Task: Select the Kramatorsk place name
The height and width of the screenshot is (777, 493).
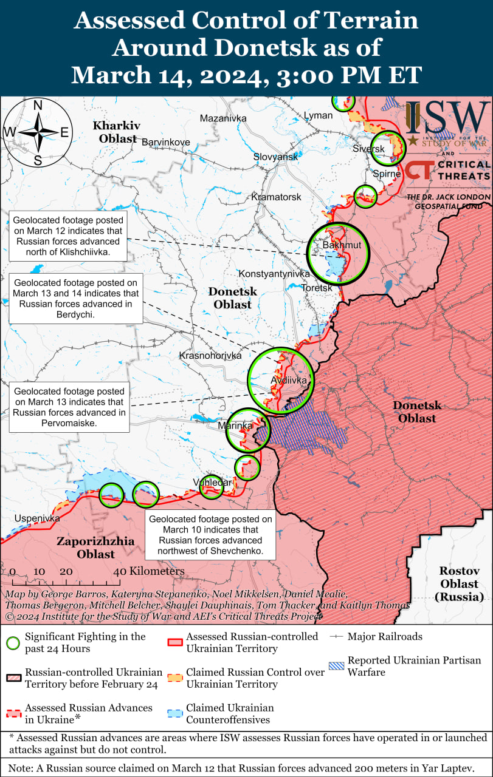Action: coord(276,197)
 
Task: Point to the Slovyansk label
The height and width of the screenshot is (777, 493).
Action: coord(276,157)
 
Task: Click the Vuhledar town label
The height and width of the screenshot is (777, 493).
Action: coord(212,483)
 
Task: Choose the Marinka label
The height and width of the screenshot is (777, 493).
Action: coord(235,426)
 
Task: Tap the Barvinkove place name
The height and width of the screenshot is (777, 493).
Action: coord(165,142)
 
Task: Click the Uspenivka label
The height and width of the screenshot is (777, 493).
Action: coord(37,518)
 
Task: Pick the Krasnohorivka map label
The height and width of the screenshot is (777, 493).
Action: coord(210,356)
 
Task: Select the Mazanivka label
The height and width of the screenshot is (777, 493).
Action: coord(223,118)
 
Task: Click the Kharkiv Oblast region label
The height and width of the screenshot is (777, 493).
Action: coord(116,132)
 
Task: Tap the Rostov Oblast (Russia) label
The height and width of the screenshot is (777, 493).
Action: coord(460,583)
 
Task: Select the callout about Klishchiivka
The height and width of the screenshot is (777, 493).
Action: coord(68,236)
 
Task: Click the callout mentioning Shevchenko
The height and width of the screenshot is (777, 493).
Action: coord(211,535)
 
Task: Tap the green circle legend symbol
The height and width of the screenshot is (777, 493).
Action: coord(12,643)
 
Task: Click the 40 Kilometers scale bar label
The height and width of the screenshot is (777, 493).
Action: coord(148,571)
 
